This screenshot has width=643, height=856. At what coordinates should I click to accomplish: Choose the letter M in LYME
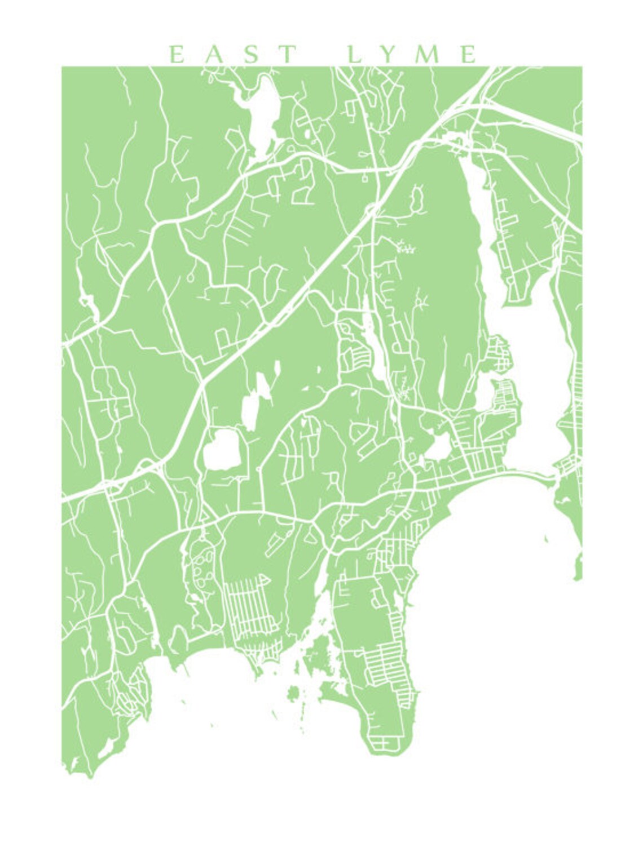coord(431,55)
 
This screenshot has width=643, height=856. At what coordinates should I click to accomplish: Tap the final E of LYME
coord(468,55)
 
